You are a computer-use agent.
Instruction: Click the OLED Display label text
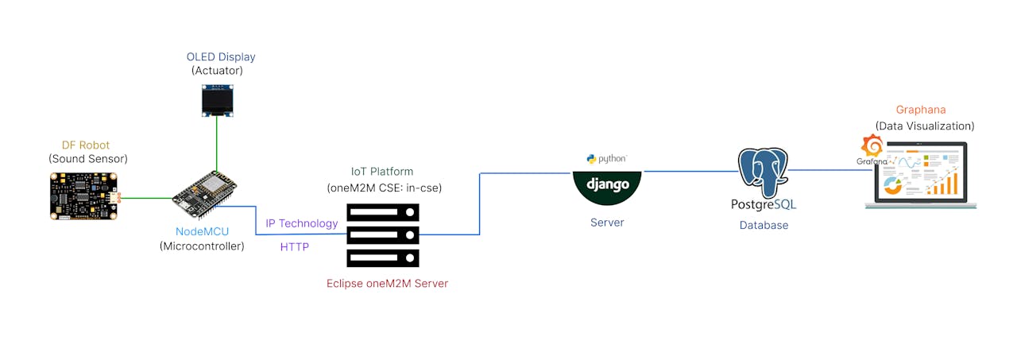(x=221, y=57)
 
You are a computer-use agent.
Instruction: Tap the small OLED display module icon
(x=217, y=101)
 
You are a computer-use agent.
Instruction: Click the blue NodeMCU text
(x=202, y=231)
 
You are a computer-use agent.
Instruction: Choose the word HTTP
(x=294, y=247)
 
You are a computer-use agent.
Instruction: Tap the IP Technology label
(x=301, y=223)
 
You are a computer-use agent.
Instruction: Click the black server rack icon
(x=382, y=234)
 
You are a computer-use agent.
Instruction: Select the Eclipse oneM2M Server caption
(x=387, y=284)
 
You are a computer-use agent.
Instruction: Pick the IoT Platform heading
(x=382, y=172)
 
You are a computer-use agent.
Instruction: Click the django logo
(x=607, y=185)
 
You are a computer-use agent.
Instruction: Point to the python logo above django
(x=606, y=159)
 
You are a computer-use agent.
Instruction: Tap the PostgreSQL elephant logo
(x=763, y=172)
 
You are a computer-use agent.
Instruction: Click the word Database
(x=764, y=225)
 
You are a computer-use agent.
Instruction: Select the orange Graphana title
(x=921, y=110)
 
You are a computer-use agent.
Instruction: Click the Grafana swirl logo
(x=872, y=147)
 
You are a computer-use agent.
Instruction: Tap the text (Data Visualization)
(x=924, y=126)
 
